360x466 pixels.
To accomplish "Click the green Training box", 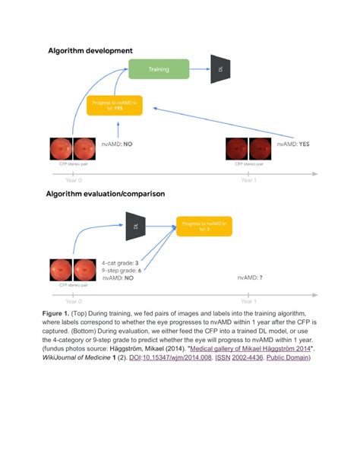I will [158, 68].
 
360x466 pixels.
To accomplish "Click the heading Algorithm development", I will [90, 50].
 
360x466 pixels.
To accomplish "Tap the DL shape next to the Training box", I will [221, 68].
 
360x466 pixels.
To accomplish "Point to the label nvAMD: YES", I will [293, 143].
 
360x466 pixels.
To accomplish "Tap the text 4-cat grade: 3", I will [120, 262].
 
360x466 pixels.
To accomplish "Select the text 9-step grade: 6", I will [122, 271].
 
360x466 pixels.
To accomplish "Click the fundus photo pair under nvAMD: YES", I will [249, 147].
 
